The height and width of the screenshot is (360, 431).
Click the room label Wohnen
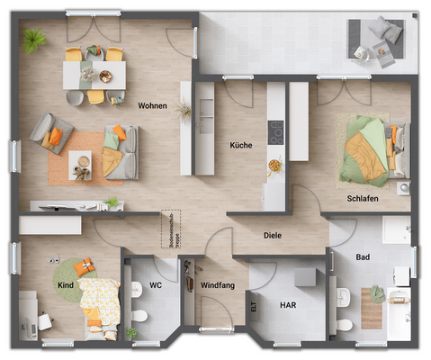[152, 105]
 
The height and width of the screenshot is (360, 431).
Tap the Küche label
[240, 145]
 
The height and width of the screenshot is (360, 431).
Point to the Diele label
[272, 237]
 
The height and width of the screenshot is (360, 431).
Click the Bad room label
[363, 256]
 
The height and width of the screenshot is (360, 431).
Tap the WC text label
[156, 285]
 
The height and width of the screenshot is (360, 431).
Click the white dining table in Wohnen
[94, 75]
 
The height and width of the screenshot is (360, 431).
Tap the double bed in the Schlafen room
[366, 145]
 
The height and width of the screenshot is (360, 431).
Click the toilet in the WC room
[139, 315]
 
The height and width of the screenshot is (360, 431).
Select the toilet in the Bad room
[344, 322]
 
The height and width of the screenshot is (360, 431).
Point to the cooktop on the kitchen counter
[275, 131]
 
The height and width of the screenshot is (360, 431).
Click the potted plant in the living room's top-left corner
[36, 40]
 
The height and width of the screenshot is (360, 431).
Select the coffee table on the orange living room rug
[81, 164]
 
